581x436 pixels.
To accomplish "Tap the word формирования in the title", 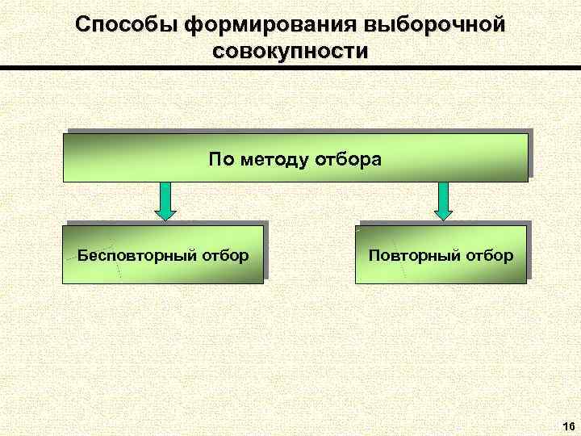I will pyautogui.click(x=267, y=24).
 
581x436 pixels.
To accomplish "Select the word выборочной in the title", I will pyautogui.click(x=436, y=24).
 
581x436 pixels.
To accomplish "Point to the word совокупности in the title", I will pyautogui.click(x=290, y=51).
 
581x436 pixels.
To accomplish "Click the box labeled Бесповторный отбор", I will pyautogui.click(x=165, y=254).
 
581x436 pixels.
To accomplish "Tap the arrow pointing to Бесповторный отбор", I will pyautogui.click(x=165, y=200).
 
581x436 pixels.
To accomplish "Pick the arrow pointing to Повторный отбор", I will pyautogui.click(x=444, y=200).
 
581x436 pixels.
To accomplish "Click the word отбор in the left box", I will pyautogui.click(x=225, y=256).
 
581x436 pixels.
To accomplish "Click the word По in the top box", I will pyautogui.click(x=220, y=158).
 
